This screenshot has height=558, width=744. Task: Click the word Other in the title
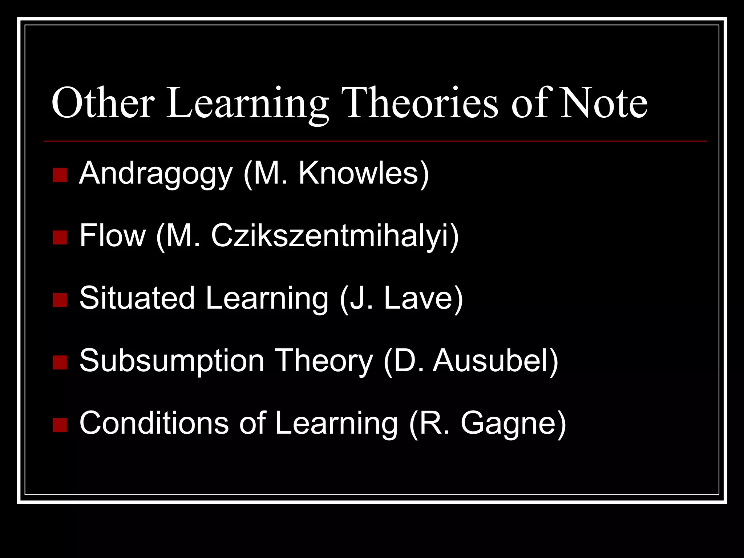click(102, 103)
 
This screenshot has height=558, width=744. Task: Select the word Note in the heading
click(603, 103)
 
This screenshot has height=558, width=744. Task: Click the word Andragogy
click(155, 174)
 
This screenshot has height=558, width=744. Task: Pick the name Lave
click(418, 298)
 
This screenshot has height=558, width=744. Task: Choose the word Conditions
click(154, 423)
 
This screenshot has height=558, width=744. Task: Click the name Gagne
click(508, 424)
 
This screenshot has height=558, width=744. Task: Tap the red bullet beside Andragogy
click(60, 175)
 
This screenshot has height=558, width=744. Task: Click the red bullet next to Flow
click(60, 238)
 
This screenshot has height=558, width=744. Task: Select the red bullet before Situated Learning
click(60, 300)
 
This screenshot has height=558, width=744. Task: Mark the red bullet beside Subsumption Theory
click(60, 363)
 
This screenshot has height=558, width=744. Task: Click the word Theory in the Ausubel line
click(323, 361)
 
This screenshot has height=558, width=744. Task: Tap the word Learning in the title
click(247, 103)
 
